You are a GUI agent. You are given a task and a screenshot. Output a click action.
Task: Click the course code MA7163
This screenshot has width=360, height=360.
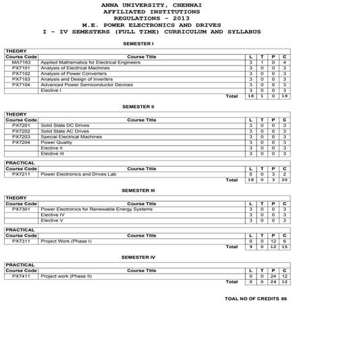21,62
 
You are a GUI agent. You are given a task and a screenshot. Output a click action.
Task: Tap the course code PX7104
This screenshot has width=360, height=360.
21,85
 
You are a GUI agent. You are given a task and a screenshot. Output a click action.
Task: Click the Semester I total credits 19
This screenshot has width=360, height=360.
284,97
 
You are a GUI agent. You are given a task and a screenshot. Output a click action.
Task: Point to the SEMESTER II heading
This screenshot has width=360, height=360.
138,107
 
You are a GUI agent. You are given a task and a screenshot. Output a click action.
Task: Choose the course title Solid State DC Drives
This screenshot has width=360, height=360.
65,126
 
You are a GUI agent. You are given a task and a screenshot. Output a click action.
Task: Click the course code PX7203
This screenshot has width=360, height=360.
21,137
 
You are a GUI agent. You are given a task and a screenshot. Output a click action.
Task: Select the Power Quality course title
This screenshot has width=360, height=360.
55,143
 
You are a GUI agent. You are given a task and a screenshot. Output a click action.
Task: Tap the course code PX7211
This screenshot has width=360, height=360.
21,174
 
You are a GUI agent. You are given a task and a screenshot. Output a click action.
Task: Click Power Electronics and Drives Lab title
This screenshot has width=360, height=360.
78,174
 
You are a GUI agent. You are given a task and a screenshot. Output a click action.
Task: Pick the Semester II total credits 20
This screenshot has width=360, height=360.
284,180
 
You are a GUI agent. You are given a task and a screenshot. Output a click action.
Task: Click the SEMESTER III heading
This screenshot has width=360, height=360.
138,190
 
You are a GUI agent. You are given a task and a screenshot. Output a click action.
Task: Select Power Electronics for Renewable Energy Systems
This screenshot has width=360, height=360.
97,209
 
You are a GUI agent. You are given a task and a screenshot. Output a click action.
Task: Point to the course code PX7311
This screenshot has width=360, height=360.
21,241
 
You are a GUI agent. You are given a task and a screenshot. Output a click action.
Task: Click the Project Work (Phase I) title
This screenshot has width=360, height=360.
66,241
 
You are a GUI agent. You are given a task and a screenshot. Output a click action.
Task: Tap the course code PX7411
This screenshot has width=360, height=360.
21,276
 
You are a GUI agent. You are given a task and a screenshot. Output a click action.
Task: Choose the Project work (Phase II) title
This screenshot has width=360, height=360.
66,276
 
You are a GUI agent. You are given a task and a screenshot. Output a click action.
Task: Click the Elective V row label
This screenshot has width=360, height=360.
53,220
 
